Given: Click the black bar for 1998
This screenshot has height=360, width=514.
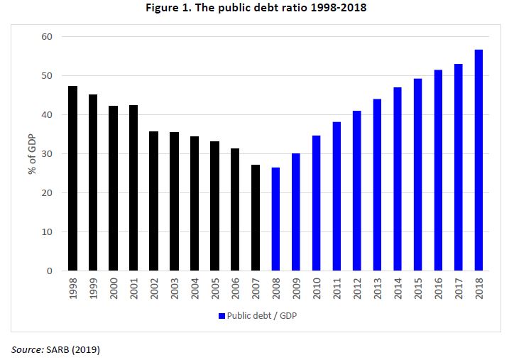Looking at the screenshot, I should click(x=72, y=178).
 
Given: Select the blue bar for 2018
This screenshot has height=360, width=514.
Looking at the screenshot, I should click(x=479, y=160).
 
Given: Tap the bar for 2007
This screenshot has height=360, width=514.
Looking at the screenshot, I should click(x=256, y=217).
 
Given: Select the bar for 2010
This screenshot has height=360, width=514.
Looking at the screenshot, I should click(x=317, y=203).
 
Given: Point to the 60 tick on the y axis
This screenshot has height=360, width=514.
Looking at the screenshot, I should click(x=48, y=37).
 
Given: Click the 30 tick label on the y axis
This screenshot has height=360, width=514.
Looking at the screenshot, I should click(x=48, y=154).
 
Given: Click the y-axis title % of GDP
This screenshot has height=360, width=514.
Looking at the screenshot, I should click(x=32, y=153).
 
